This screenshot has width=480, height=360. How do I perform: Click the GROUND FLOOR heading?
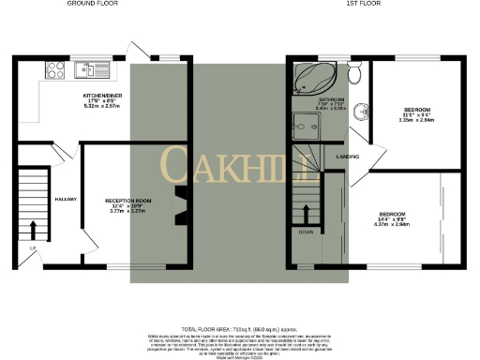click(92, 4)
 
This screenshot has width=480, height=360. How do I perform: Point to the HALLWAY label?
click(65, 200)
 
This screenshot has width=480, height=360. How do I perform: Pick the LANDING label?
click(349, 157)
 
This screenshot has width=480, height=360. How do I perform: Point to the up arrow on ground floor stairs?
click(35, 228)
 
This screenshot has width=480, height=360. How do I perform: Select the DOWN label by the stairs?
click(307, 231)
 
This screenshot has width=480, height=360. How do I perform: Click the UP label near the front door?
click(33, 247)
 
